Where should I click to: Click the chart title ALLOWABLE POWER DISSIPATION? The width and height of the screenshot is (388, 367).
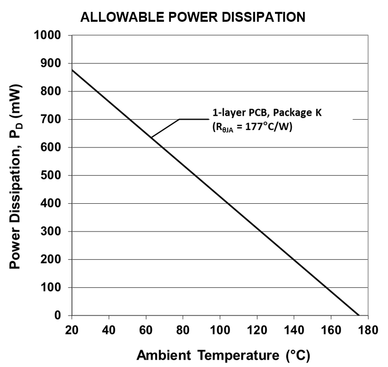[193, 18]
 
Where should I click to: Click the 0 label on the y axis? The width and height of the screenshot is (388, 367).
[62, 316]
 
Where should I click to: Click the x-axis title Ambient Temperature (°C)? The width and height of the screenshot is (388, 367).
[223, 355]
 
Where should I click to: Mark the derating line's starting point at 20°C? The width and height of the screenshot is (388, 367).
[72, 70]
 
